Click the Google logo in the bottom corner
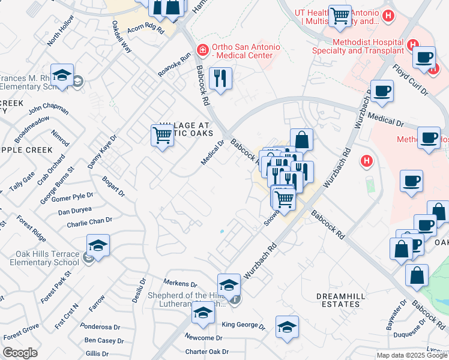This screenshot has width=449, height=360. (x=20, y=353)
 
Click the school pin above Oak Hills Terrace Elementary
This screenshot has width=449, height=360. (x=98, y=245)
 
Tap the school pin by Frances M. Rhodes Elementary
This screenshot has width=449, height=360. (x=62, y=74)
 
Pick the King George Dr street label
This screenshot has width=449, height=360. (x=243, y=326)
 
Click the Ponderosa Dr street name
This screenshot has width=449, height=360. (x=100, y=327)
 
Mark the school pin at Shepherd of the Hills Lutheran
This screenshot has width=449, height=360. (x=229, y=284)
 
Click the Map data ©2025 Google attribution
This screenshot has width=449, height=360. (x=412, y=355)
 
